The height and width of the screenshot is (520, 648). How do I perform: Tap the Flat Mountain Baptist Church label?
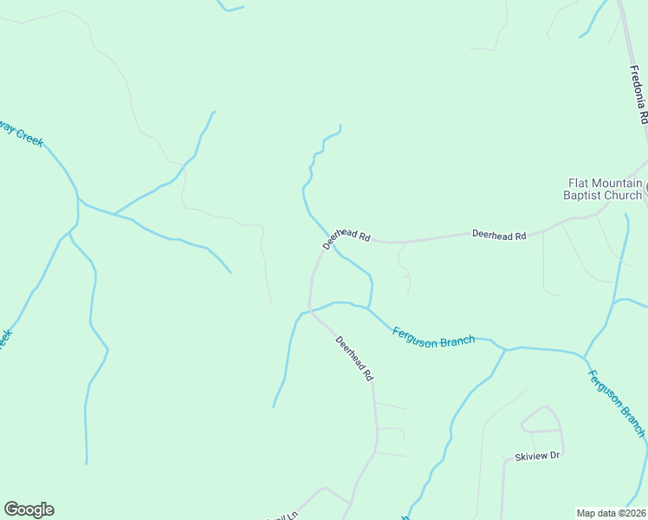tap(604, 189)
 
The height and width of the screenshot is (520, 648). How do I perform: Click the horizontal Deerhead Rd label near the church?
tap(499, 235)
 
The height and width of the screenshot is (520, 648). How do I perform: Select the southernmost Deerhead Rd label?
tap(354, 359)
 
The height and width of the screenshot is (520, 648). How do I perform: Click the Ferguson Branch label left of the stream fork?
tap(433, 336)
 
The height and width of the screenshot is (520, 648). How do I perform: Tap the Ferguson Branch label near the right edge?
tap(616, 402)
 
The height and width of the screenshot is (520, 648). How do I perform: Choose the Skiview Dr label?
tap(537, 455)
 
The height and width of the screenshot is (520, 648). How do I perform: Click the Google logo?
tap(29, 510)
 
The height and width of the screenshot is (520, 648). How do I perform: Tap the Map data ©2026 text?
tap(611, 512)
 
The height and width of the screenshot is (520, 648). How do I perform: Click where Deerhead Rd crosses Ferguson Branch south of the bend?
tap(310, 309)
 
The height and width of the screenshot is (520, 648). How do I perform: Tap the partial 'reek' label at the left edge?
tap(5, 339)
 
